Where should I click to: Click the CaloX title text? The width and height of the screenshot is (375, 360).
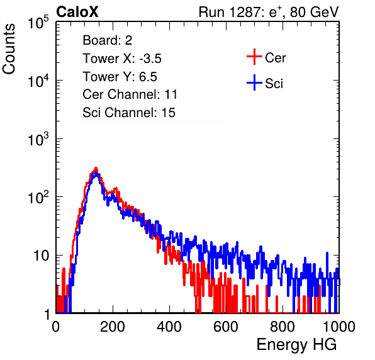[x=77, y=12]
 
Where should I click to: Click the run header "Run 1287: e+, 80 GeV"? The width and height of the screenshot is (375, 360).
[x=269, y=12]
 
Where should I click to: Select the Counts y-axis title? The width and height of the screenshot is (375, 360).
[x=9, y=49]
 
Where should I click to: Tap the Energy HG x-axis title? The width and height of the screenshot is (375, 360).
[x=296, y=345]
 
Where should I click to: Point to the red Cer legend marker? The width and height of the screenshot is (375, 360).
[x=254, y=57]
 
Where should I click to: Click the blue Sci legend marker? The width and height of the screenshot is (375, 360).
[x=254, y=83]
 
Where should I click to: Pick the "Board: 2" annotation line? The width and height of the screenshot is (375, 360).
[x=108, y=40]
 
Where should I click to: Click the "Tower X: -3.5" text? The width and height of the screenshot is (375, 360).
[x=122, y=59]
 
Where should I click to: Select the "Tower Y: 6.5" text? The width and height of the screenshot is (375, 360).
[x=120, y=77]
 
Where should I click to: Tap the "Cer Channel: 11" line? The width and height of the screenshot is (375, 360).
[x=130, y=94]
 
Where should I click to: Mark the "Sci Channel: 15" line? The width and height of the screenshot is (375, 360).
[x=129, y=113]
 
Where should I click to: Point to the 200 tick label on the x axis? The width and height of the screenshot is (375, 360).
[x=113, y=327]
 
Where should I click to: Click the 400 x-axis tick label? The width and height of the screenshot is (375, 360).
[x=169, y=327]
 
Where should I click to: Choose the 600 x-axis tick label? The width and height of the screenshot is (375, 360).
[x=226, y=327]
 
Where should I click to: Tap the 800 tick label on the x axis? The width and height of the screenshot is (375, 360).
[x=283, y=327]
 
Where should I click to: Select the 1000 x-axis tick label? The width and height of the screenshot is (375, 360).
[x=339, y=327]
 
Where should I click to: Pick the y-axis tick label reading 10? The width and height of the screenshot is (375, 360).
[x=41, y=256]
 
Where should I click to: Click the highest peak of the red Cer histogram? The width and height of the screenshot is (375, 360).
[x=96, y=168]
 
